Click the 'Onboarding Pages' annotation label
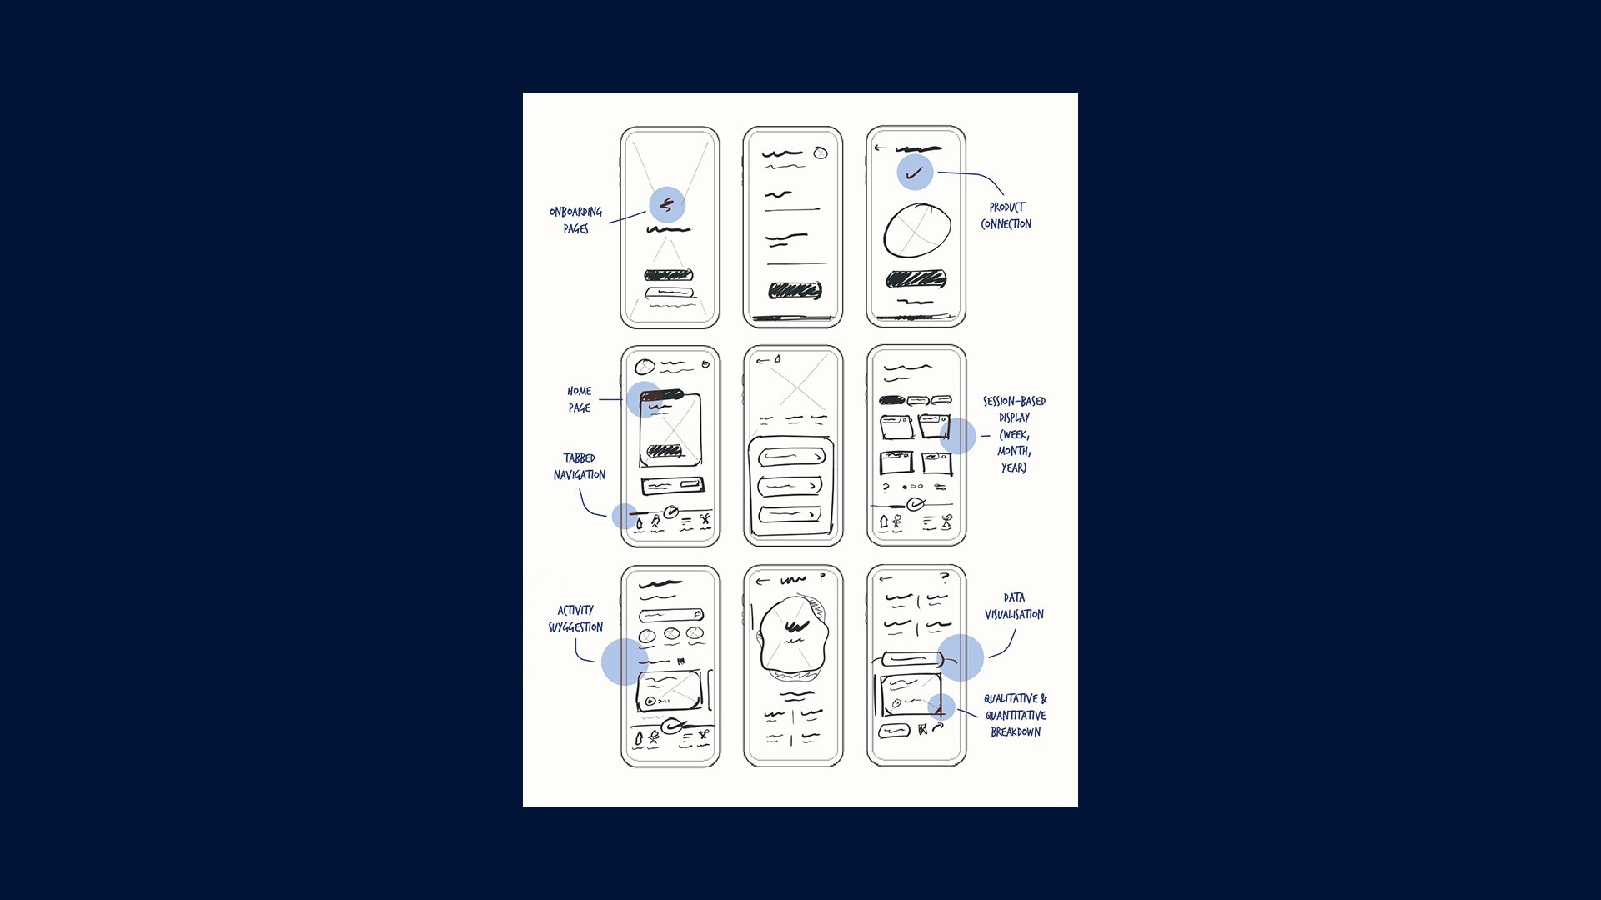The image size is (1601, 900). tap(575, 220)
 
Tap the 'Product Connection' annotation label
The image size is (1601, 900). tap(1006, 216)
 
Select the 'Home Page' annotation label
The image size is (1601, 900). tap(580, 399)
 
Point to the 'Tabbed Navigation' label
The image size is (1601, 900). tap(580, 467)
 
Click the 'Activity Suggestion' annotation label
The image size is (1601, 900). tap(575, 618)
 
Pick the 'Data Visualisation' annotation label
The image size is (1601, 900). tap(1014, 606)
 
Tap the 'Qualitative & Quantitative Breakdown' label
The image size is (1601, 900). tap(1016, 715)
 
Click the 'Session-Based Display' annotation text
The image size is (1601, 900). tap(1014, 434)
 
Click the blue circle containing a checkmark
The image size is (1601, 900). tap(915, 172)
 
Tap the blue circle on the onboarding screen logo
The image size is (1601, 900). tap(667, 204)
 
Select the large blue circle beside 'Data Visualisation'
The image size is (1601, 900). tap(961, 657)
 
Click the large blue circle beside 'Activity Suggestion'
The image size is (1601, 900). tap(624, 662)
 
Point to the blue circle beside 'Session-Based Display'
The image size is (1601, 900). tap(958, 436)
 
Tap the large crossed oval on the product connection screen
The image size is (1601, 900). tap(916, 230)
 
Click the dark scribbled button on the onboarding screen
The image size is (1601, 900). tap(669, 275)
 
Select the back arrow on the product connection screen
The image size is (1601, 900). tap(881, 148)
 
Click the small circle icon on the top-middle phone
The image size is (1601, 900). tap(821, 152)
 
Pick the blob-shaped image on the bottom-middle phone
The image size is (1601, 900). tap(794, 637)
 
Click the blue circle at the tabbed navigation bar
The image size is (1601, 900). tap(625, 516)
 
